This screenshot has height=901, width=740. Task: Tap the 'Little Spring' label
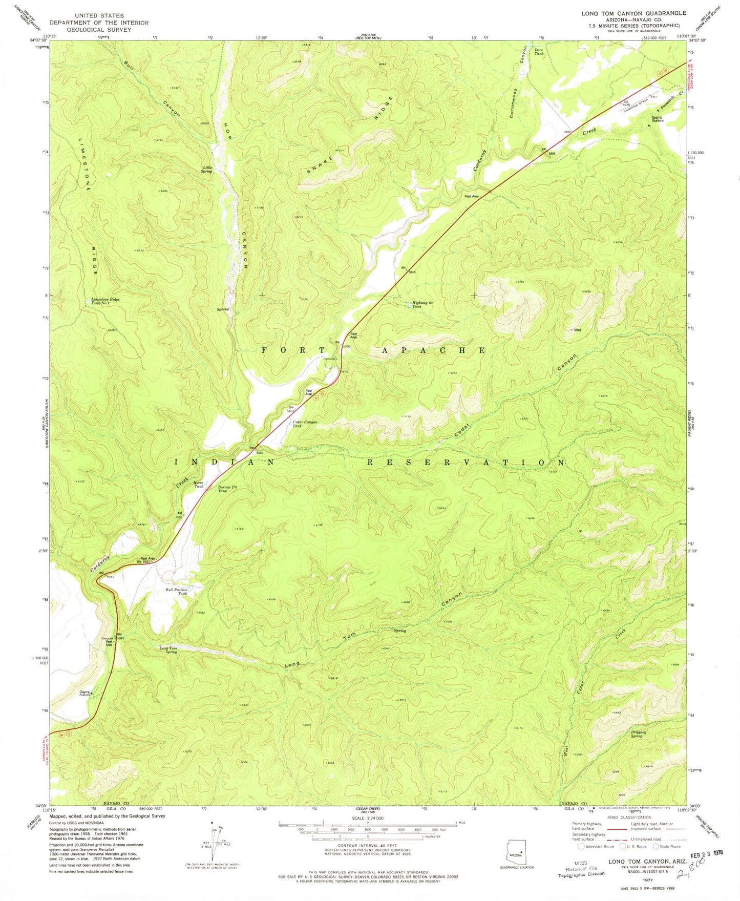tap(207, 170)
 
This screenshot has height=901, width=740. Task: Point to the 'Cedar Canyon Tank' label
tap(305, 424)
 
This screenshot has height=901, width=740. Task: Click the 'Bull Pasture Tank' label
tap(176, 592)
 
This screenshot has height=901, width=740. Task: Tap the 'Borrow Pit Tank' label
tap(222, 489)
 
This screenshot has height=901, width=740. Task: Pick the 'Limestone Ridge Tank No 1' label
tap(108, 301)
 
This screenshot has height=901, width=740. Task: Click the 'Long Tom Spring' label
tap(168, 650)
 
